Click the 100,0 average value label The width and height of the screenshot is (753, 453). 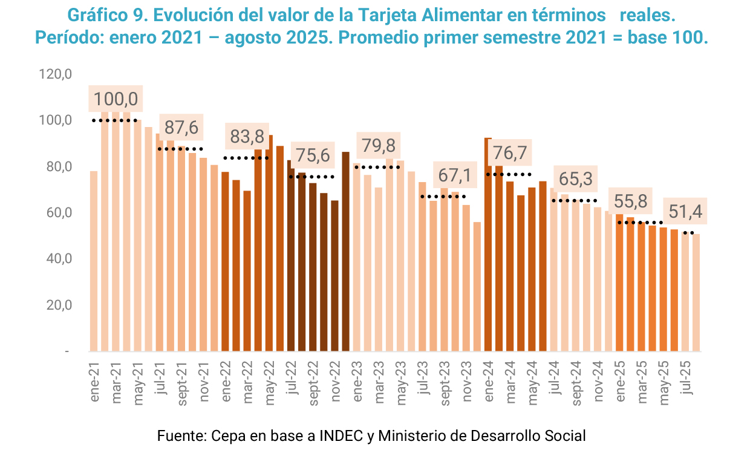(116, 99)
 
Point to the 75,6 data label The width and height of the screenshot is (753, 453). (313, 155)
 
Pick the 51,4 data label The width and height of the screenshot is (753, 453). (686, 212)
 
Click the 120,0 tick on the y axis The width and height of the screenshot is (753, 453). (56, 74)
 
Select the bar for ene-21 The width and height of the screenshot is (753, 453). (94, 261)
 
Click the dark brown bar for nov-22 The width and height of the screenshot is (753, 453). (335, 276)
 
